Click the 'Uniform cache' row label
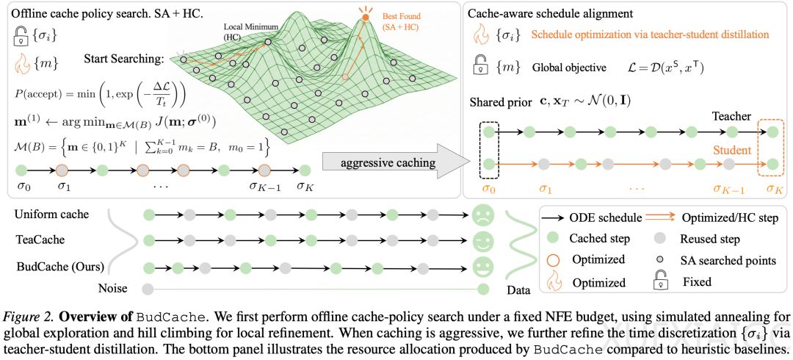(52, 215)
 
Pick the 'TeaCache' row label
(40, 239)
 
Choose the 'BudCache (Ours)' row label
(60, 264)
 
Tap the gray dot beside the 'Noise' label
(148, 289)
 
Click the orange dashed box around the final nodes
(771, 146)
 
